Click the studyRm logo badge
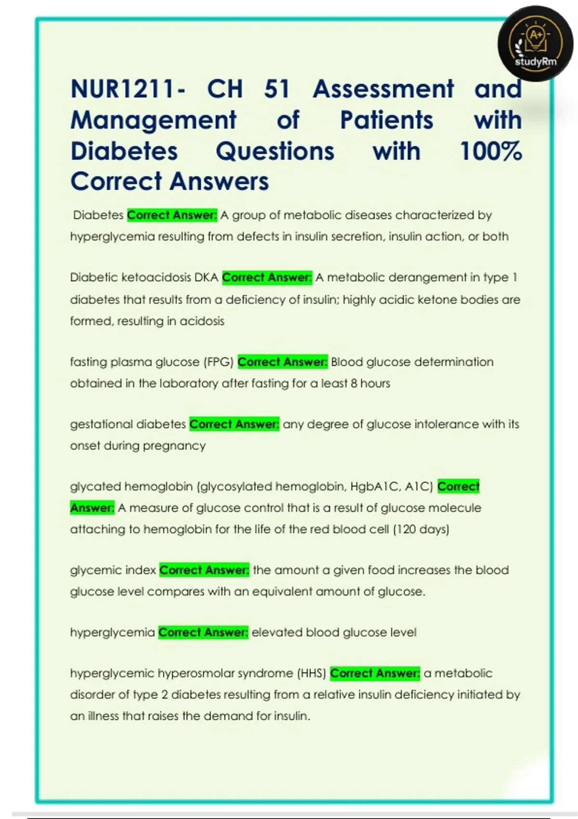point(536,44)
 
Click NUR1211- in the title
point(128,89)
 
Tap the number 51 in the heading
point(277,89)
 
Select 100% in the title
point(491,151)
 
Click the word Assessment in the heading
point(383,89)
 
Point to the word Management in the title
point(153,120)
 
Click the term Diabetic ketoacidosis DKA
point(144,277)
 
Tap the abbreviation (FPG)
point(218,362)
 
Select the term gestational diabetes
point(128,424)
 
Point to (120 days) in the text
point(421,529)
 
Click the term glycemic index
point(113,570)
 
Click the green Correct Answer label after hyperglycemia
point(203,632)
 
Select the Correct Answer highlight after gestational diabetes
point(234,424)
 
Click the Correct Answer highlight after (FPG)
point(283,362)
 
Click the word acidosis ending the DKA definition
point(202,321)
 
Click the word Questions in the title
point(275,151)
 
